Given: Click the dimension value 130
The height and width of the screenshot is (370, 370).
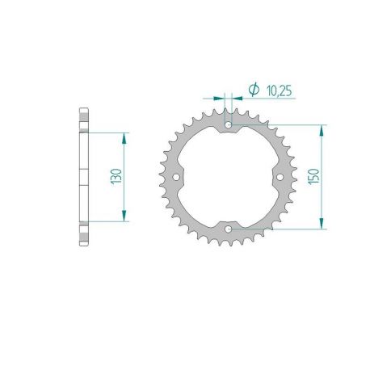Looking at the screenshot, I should point(116,175).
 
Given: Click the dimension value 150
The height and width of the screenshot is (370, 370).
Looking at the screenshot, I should point(315,176).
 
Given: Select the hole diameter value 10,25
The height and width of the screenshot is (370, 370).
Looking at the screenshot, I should point(278,92).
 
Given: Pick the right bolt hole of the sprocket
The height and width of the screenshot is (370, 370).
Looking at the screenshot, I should point(280,176).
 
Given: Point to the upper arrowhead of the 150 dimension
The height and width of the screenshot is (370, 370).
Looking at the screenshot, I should point(323,129).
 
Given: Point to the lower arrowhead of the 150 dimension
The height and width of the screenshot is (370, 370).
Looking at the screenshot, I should point(323,224).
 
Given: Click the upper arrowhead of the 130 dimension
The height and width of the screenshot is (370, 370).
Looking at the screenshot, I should point(124,137).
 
